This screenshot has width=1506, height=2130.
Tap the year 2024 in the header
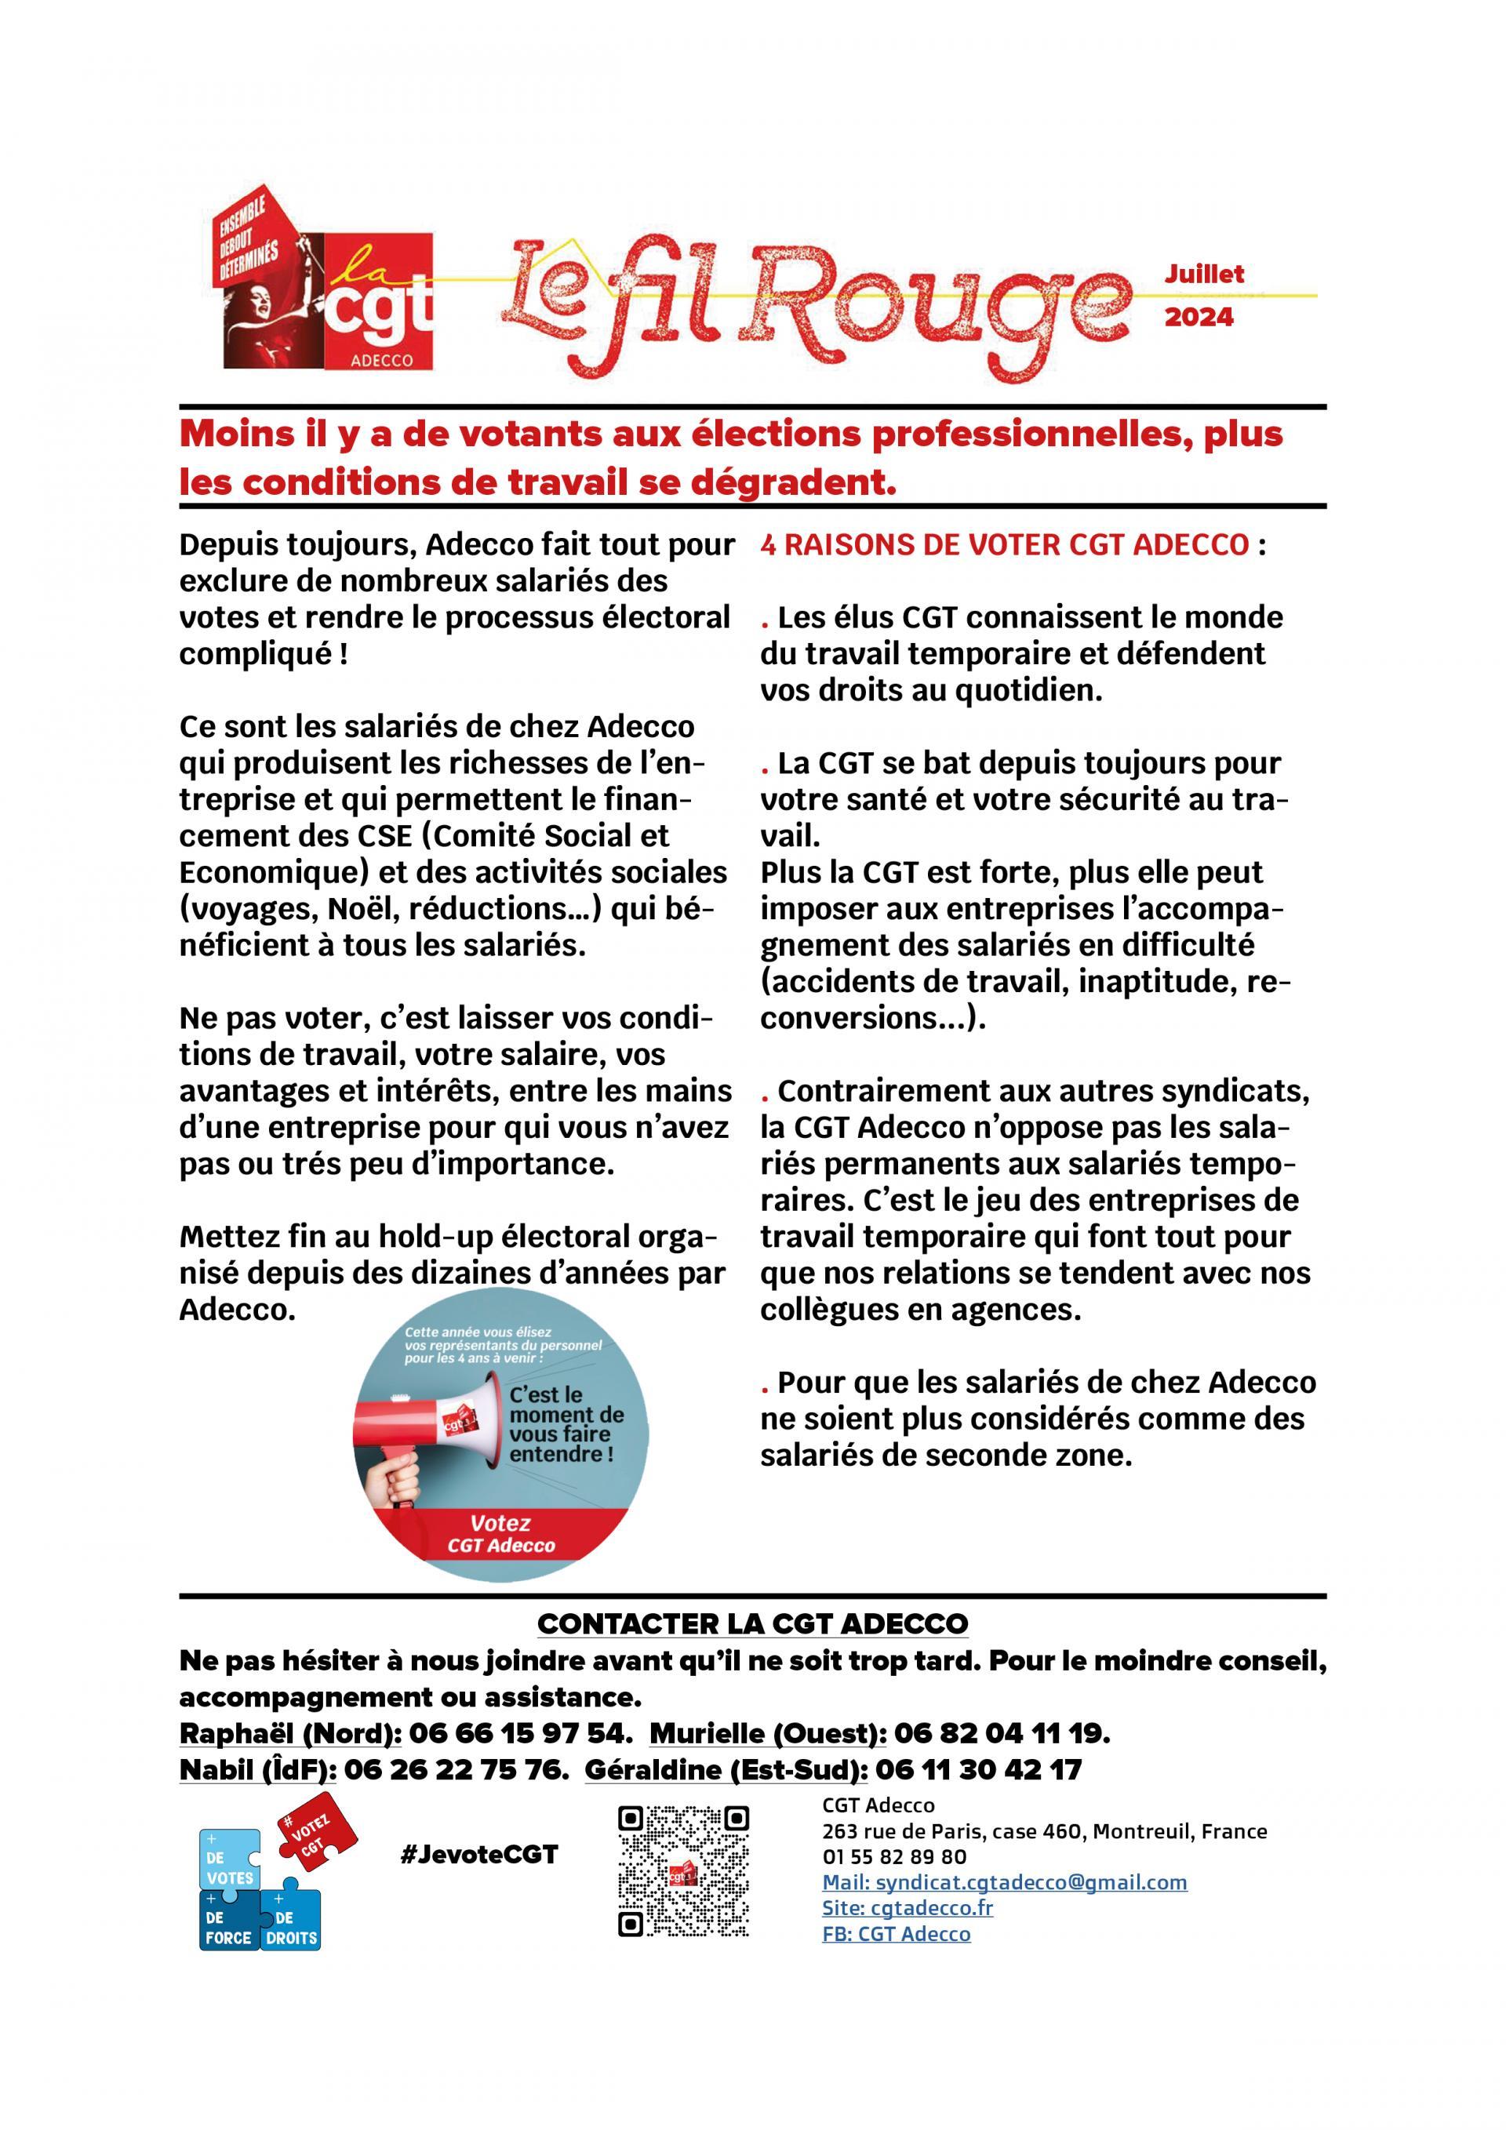(1199, 318)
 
